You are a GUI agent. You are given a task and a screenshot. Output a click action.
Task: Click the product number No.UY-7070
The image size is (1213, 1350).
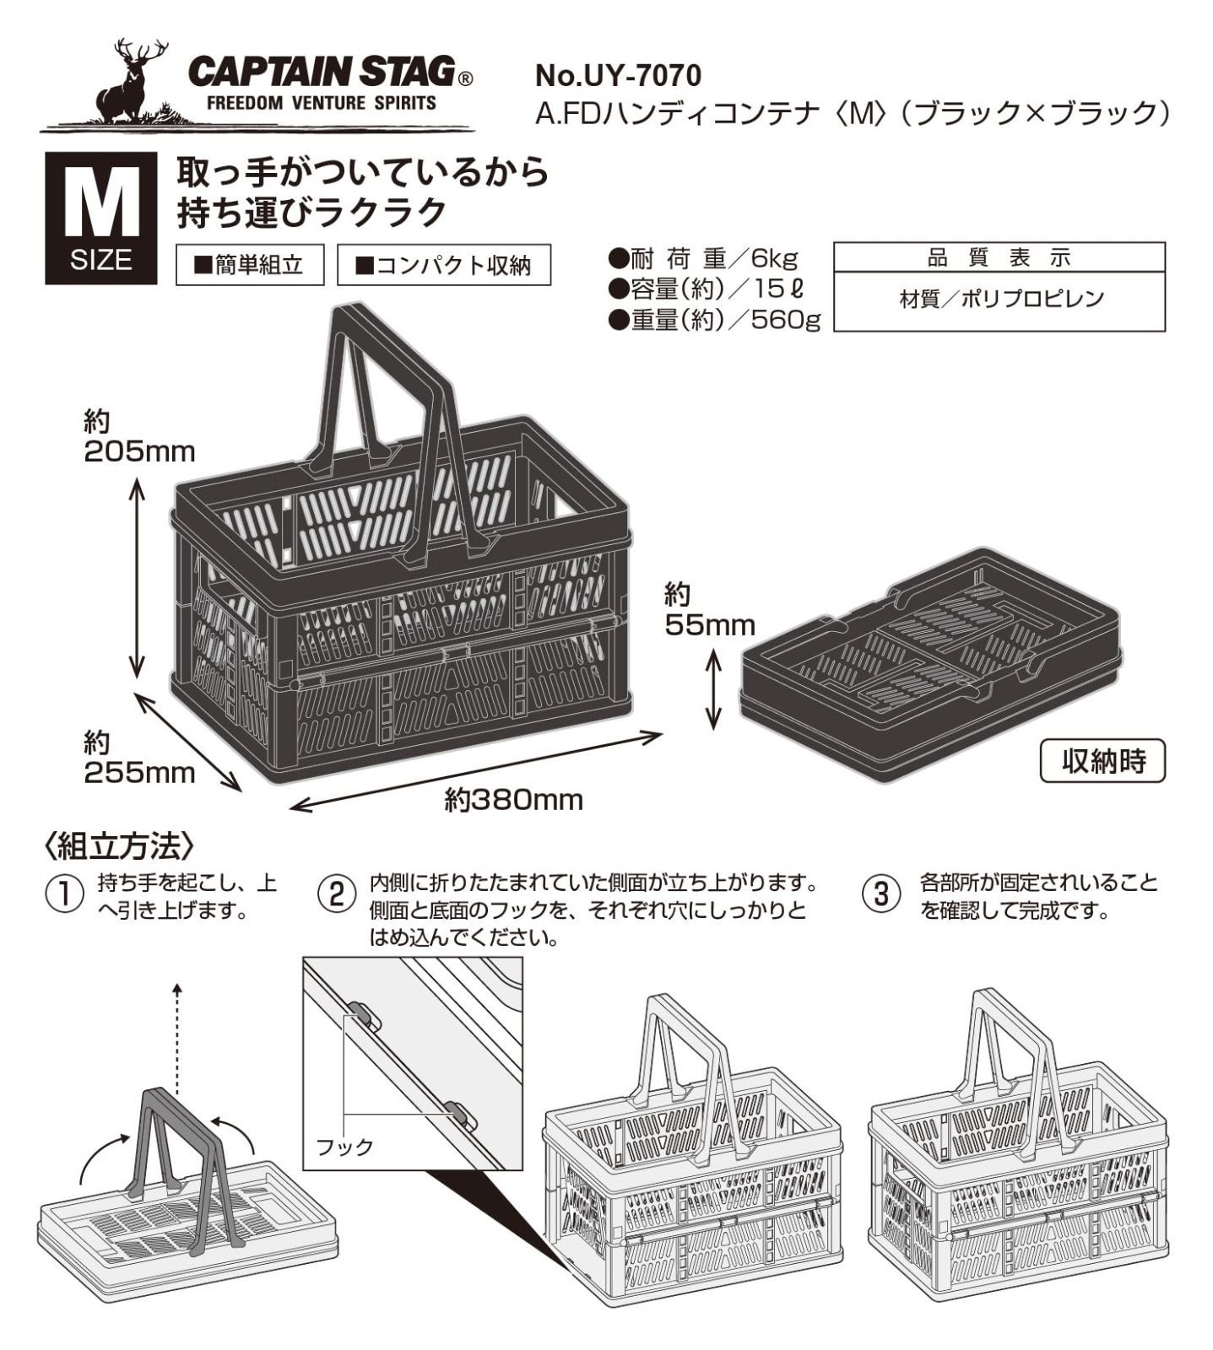click(618, 76)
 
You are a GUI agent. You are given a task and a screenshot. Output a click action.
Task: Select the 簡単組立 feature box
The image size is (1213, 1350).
click(249, 265)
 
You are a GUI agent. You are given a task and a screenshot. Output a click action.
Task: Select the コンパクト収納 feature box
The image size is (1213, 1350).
click(443, 265)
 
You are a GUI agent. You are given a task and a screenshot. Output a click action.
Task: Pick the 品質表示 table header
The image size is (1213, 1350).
click(999, 257)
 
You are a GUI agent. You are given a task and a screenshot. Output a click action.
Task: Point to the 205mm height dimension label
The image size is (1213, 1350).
click(139, 451)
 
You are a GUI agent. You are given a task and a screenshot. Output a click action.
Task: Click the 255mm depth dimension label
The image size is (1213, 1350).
click(139, 772)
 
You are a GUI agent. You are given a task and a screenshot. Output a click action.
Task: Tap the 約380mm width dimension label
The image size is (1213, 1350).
click(514, 799)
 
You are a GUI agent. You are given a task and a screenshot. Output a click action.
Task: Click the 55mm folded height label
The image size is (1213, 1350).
click(709, 625)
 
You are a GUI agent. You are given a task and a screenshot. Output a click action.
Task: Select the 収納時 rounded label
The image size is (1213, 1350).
click(1102, 761)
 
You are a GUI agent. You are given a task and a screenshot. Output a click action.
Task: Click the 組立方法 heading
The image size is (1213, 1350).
click(122, 845)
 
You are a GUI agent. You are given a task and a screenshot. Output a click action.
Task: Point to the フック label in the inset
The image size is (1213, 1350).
click(344, 1147)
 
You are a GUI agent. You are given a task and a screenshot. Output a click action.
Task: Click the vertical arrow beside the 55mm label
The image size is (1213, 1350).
click(714, 688)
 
